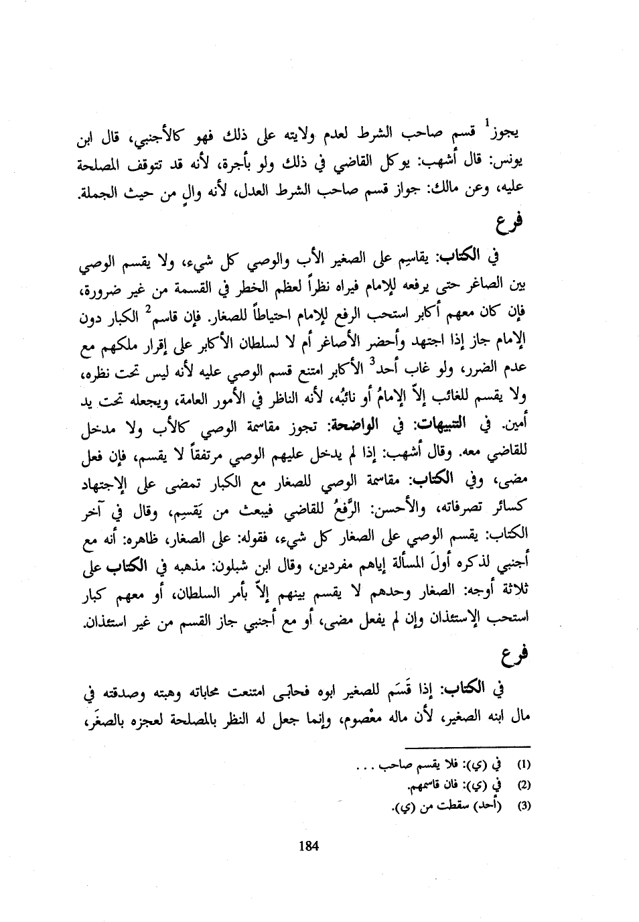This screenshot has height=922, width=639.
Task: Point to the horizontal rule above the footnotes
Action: (x=468, y=746)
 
